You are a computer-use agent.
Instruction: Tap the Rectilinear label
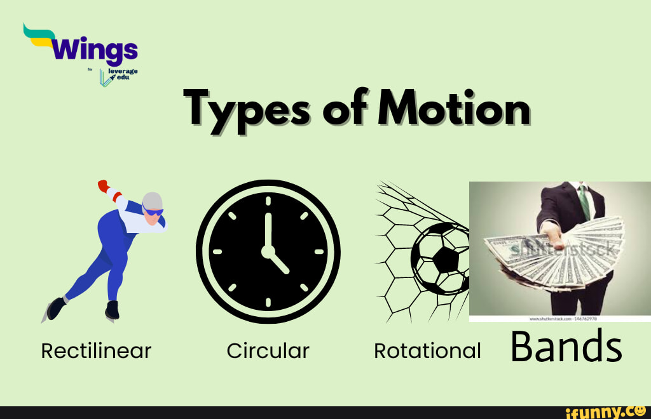click(x=96, y=350)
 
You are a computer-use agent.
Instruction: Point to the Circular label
click(x=268, y=350)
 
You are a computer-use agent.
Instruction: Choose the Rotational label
click(x=427, y=350)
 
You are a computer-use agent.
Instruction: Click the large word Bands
click(x=566, y=347)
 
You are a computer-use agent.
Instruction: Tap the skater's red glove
click(x=103, y=185)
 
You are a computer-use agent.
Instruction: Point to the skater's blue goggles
click(x=153, y=211)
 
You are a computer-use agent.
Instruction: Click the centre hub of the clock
click(x=268, y=251)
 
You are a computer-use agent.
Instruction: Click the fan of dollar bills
click(x=553, y=254)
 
